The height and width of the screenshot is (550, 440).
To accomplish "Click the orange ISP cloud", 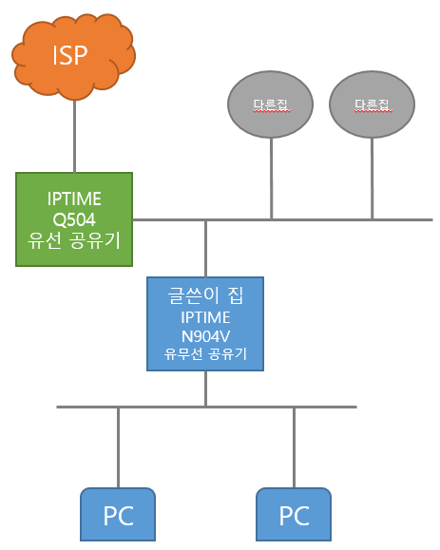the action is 74,56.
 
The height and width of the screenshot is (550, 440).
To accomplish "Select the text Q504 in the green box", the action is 74,220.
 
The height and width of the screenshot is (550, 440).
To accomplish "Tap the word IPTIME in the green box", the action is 74,199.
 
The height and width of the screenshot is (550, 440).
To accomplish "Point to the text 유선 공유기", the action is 74,240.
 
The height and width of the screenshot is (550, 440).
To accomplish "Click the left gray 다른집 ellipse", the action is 270,104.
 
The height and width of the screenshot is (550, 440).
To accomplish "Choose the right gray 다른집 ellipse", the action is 372,104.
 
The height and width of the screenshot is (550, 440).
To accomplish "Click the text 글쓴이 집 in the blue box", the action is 205,295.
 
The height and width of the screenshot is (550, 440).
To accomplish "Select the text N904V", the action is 205,336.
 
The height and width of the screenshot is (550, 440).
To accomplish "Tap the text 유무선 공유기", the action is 205,353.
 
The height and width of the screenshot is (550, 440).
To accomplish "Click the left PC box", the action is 118,514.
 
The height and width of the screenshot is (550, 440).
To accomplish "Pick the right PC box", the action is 294,514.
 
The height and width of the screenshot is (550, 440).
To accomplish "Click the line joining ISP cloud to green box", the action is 74,137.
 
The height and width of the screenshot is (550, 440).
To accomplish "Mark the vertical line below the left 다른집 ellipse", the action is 271,179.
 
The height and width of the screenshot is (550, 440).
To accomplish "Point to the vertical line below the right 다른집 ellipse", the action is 372,179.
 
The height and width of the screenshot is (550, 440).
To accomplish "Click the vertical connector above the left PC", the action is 118,447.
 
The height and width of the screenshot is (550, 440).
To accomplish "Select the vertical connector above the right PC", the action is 294,447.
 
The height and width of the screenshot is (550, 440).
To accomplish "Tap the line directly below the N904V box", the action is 205,389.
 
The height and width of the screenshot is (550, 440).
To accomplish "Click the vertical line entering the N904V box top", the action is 205,249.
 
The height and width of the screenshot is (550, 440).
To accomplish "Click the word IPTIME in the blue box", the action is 205,317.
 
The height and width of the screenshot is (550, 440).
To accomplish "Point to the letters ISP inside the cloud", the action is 69,55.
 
